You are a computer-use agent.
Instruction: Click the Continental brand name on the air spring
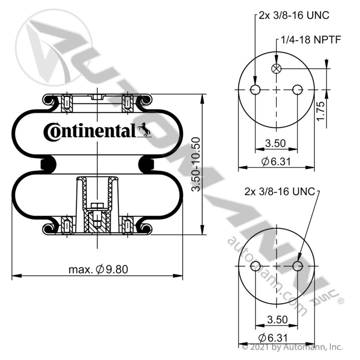pos(90,131)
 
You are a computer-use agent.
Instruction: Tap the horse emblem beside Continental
pos(144,129)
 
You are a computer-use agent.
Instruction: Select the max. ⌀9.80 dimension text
pos(98,269)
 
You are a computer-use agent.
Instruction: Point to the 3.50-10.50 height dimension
pos(196,164)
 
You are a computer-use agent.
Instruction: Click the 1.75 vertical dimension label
pos(320,111)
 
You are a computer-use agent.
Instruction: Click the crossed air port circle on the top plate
pos(276,68)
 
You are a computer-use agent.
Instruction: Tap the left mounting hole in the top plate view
pos(255,90)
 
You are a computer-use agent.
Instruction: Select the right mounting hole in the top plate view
pos(297,90)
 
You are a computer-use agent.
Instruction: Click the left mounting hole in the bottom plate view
pos(255,266)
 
